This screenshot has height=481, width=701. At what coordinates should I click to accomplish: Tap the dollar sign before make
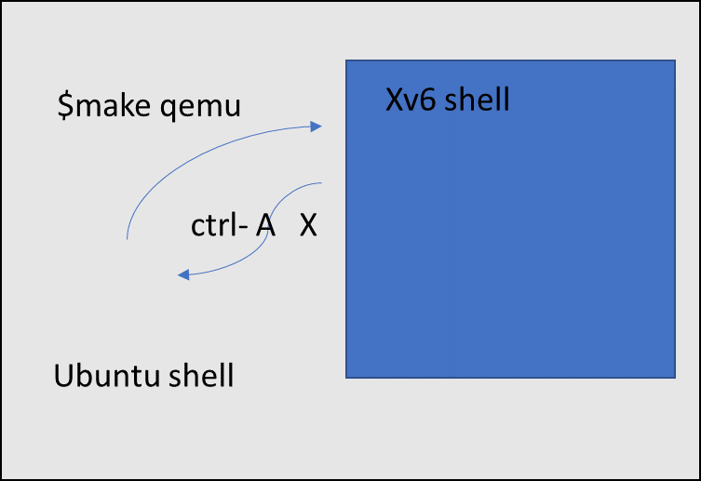click(x=63, y=106)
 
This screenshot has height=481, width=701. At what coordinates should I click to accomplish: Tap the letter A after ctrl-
click(x=266, y=226)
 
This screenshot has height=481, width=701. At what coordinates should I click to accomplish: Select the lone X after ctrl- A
click(x=308, y=226)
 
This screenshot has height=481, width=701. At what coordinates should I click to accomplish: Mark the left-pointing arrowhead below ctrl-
click(x=183, y=274)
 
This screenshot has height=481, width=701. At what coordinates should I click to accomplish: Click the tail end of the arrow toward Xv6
click(x=126, y=240)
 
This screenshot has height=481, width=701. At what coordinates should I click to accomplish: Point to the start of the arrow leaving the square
click(x=321, y=183)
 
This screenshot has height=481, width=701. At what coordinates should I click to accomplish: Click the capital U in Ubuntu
click(x=64, y=377)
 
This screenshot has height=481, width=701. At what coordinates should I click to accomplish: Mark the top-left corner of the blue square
click(x=346, y=61)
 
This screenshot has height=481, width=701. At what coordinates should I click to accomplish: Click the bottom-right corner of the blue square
click(x=674, y=378)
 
